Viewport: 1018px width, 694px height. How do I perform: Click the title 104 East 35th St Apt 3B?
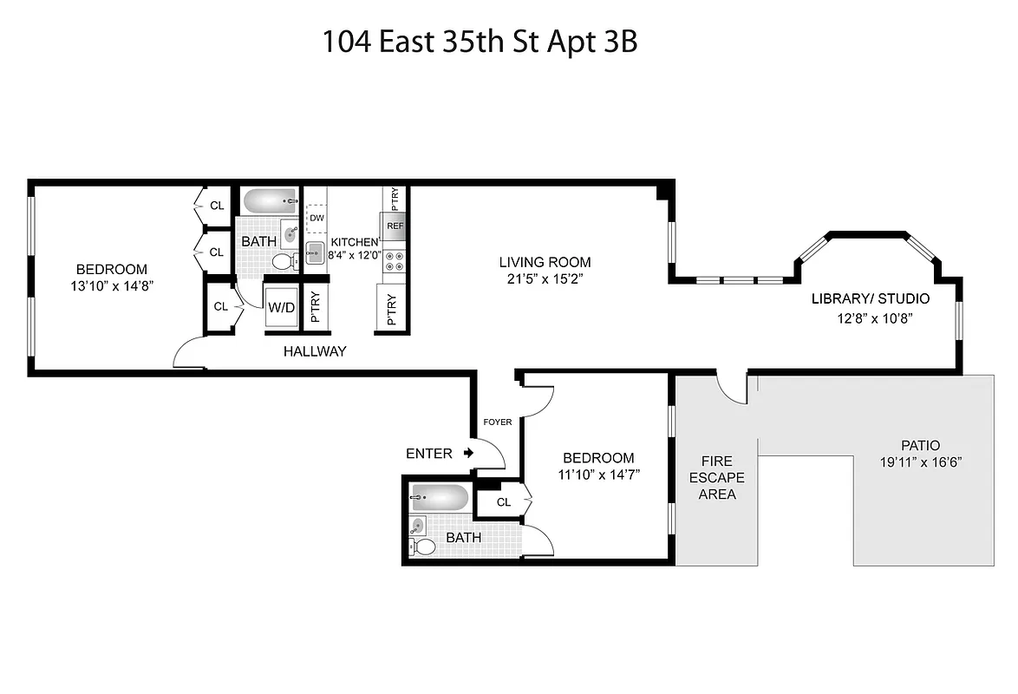[480, 42]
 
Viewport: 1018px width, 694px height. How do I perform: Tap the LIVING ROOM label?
[545, 262]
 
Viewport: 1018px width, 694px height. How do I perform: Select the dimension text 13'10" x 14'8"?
[111, 285]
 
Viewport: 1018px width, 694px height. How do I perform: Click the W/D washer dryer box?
[281, 307]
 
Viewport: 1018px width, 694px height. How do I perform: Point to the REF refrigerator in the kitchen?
[395, 226]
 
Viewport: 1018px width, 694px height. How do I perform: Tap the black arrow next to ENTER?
[468, 453]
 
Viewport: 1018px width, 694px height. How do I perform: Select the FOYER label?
[497, 422]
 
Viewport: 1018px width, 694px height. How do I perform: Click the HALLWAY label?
[315, 351]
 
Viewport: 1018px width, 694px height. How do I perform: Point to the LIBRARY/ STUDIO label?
[870, 299]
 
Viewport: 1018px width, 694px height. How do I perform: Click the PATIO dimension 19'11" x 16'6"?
[921, 462]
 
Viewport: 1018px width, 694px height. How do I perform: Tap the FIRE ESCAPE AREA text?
[717, 477]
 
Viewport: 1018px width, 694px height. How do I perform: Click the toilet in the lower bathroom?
[424, 547]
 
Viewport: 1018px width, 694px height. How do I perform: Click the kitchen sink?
[315, 252]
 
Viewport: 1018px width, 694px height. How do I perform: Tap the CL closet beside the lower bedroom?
[504, 502]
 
